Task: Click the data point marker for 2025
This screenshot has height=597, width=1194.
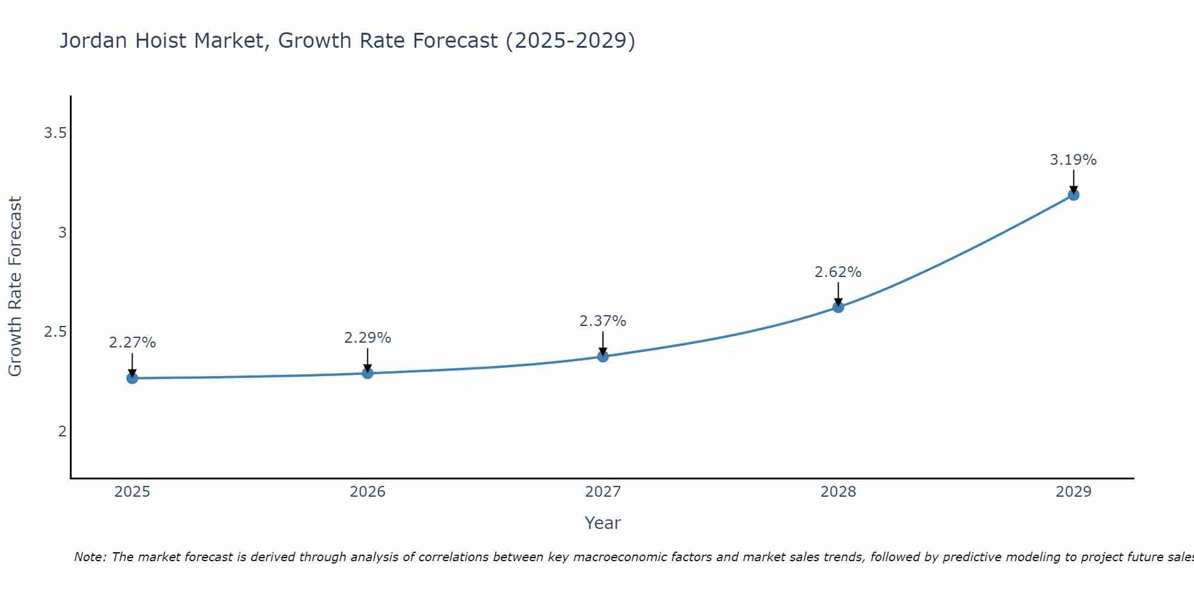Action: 133,378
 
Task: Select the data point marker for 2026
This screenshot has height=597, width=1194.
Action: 368,373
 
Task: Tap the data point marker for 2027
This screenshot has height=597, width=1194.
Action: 603,356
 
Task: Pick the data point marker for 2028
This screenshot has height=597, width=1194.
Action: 838,307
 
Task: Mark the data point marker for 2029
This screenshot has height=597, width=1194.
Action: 1073,195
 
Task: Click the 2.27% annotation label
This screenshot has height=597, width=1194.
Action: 133,343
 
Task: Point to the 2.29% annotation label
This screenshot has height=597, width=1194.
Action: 368,338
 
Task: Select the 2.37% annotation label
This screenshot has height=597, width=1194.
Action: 603,321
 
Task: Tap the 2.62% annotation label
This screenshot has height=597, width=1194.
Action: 838,272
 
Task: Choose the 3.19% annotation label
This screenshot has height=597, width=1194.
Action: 1073,160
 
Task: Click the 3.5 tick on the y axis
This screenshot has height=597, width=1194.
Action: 55,133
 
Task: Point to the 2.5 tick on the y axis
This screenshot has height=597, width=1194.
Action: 55,332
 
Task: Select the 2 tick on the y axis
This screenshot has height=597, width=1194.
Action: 62,431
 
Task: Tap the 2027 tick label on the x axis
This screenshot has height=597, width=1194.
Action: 603,492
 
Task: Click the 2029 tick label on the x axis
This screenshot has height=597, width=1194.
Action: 1073,492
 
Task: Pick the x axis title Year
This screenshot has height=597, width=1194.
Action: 603,523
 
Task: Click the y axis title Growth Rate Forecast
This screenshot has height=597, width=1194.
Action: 16,287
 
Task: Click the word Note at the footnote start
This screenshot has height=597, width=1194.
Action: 90,557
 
